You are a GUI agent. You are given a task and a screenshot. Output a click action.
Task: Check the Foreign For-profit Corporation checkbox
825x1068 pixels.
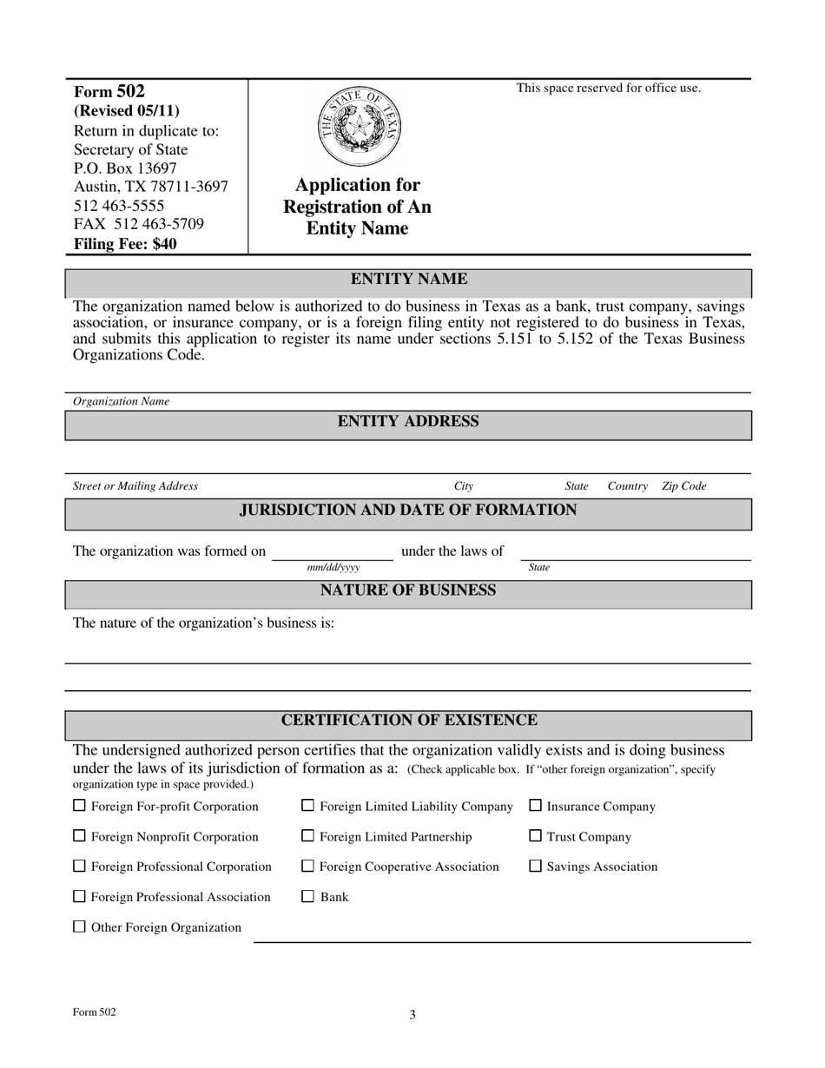(80, 806)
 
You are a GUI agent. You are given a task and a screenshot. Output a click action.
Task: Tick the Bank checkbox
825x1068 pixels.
(307, 896)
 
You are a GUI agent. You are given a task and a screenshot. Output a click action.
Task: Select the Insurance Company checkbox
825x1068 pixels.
(536, 806)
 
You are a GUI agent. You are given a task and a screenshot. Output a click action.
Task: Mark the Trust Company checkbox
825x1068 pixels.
(536, 836)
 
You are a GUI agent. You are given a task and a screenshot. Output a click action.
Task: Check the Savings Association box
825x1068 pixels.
(536, 866)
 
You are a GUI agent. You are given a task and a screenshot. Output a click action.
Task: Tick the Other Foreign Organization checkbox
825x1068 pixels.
(80, 926)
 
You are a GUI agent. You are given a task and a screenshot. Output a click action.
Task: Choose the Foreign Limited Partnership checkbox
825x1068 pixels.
(307, 836)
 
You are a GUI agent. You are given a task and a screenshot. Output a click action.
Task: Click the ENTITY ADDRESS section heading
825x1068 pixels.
(408, 422)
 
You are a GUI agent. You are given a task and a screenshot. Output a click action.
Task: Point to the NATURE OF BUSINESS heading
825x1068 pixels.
(408, 591)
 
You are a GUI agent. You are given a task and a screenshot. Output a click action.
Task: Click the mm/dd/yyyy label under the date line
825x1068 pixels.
(333, 568)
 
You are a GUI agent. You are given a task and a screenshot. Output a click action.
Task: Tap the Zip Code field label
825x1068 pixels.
(684, 486)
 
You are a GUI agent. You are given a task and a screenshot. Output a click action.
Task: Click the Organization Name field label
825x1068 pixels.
(122, 401)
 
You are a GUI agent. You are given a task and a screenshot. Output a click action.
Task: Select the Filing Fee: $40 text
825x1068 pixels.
(125, 244)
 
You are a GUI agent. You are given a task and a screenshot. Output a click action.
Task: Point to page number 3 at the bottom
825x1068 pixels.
(412, 1014)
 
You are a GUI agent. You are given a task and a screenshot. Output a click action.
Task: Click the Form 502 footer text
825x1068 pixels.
(95, 1012)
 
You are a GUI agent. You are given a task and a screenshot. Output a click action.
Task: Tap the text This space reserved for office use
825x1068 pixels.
(608, 88)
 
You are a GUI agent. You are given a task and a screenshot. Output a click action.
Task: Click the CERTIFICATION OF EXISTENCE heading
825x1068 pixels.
(408, 721)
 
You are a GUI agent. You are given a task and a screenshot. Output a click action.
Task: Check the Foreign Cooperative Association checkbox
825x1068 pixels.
(307, 866)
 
